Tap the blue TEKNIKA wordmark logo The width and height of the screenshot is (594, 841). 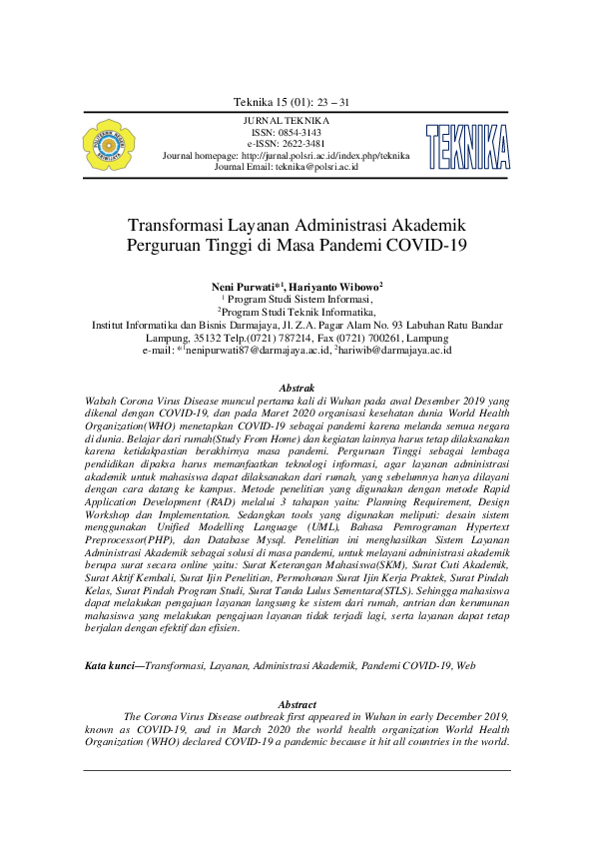pyautogui.click(x=466, y=146)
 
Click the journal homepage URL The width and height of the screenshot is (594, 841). pyautogui.click(x=325, y=156)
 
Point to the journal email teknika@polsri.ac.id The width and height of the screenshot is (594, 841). pyautogui.click(x=316, y=167)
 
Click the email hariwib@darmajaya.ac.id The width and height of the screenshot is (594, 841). pyautogui.click(x=396, y=351)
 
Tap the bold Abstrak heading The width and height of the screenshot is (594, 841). pyautogui.click(x=297, y=386)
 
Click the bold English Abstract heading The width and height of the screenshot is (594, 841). pyautogui.click(x=297, y=704)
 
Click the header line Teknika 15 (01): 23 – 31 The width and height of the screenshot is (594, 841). pyautogui.click(x=291, y=103)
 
